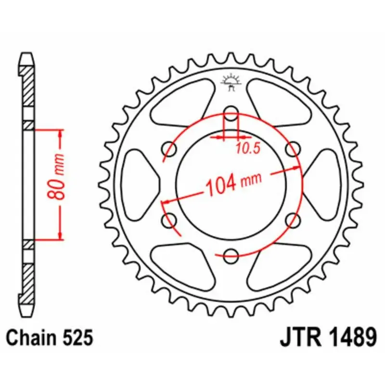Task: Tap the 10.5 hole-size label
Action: (248, 148)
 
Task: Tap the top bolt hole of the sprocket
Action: (231, 112)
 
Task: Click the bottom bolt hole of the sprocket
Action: (231, 256)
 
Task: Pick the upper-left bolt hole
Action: (169, 147)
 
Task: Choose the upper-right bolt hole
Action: (293, 147)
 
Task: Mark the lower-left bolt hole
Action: (169, 220)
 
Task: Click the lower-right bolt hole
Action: (293, 220)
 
